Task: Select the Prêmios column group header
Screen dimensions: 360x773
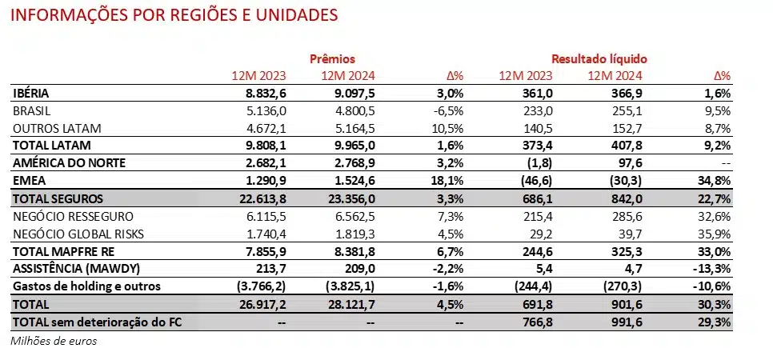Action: pyautogui.click(x=332, y=59)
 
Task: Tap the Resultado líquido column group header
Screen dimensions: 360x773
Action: pyautogui.click(x=599, y=59)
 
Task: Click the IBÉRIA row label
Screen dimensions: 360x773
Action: pyautogui.click(x=34, y=94)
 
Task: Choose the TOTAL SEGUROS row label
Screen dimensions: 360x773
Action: pyautogui.click(x=58, y=198)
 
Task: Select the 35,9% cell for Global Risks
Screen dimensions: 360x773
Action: pyautogui.click(x=715, y=234)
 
